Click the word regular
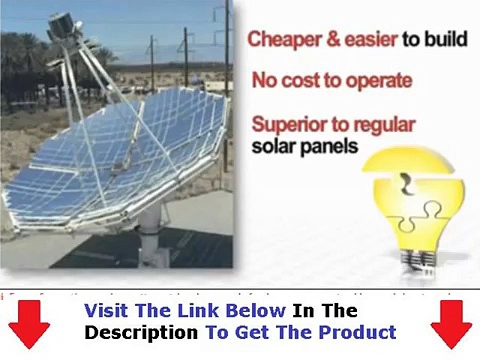click(385, 125)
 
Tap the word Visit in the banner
click(108, 311)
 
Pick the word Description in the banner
click(141, 332)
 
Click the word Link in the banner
click(200, 311)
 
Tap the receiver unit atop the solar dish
click(63, 25)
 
